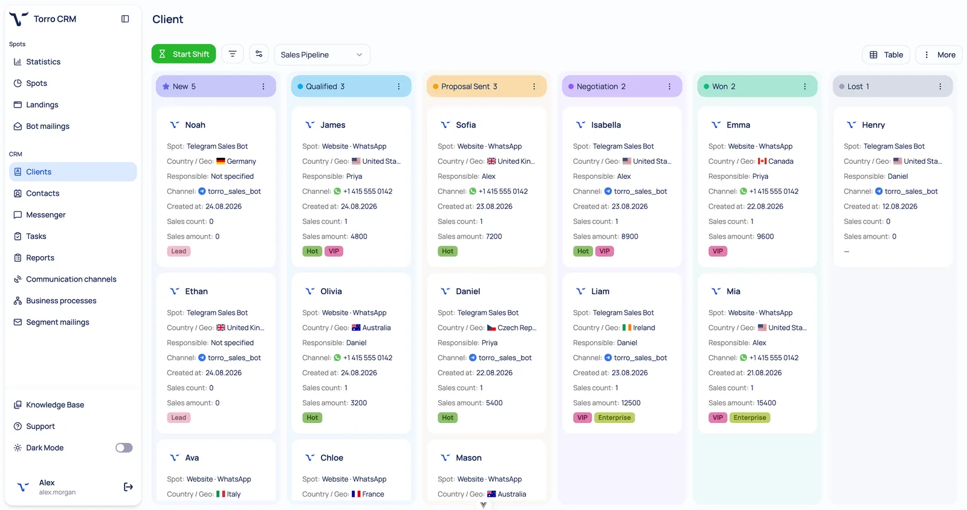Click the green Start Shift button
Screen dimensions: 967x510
184,54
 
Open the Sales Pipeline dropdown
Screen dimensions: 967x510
322,55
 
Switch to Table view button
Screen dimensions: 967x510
886,55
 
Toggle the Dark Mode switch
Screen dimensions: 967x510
124,447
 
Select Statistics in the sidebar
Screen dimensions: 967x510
43,62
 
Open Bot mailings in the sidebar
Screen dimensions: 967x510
48,126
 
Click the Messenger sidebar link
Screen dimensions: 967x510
45,215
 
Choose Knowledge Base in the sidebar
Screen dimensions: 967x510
55,405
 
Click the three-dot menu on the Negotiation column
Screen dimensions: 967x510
669,86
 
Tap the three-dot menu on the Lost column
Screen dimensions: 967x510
940,86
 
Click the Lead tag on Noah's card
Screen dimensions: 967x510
179,251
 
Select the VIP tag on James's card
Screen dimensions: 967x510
334,251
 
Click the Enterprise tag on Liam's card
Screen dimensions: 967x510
614,418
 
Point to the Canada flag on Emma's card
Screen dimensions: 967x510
762,161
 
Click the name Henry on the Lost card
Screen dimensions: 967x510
873,124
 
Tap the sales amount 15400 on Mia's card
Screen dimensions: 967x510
766,403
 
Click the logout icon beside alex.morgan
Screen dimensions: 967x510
128,487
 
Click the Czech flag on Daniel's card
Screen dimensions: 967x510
491,328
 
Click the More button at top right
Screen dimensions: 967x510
939,55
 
